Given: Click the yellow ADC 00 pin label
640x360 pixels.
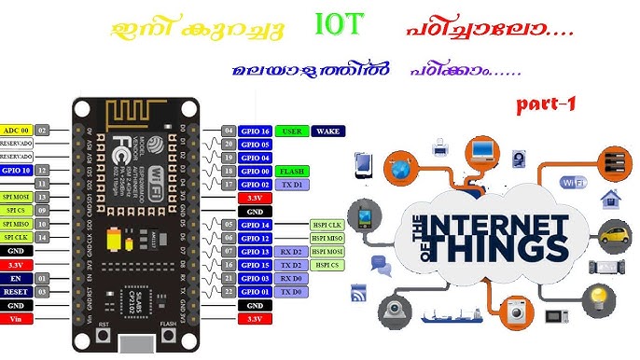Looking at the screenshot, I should (x=16, y=130).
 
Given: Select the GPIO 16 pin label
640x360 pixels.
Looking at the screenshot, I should (x=255, y=132).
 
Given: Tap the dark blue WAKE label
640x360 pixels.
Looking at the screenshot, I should (x=327, y=132).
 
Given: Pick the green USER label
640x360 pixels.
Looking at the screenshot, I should (x=291, y=132).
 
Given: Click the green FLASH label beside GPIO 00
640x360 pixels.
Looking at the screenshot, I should (x=291, y=172).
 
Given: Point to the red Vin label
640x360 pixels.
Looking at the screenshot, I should (x=16, y=319).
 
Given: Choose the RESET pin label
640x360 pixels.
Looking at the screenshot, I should (x=16, y=292).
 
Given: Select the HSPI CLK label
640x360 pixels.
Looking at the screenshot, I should (x=327, y=225).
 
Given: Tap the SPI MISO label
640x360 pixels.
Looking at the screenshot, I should (x=16, y=224).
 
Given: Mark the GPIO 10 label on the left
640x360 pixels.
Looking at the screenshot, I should (x=16, y=171).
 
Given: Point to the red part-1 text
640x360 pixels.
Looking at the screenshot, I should (x=546, y=104).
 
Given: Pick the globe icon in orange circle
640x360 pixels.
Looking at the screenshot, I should (x=401, y=170).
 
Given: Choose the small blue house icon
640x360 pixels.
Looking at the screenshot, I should (x=611, y=197).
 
